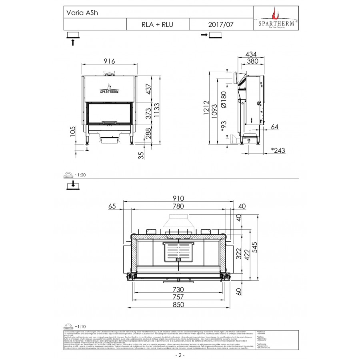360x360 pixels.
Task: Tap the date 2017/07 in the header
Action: tap(221, 24)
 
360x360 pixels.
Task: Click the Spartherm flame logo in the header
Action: tap(275, 15)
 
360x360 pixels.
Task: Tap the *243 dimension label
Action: tap(279, 150)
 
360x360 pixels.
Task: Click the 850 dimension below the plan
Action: tap(178, 304)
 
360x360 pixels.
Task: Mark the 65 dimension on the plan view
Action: tap(112, 206)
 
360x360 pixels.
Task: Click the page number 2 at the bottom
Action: tap(180, 355)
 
